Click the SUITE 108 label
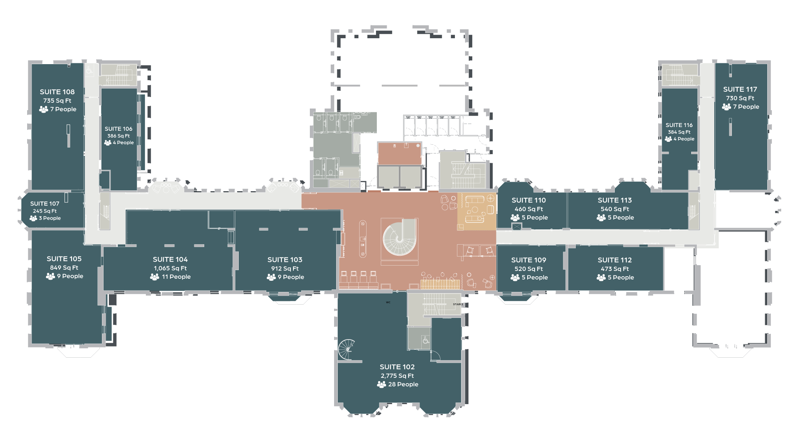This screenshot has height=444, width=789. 57,92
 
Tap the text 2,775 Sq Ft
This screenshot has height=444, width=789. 397,376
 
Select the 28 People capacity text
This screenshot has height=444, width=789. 403,384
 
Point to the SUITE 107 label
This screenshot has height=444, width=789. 45,204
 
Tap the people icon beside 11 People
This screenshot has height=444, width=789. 155,277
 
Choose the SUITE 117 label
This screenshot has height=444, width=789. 740,90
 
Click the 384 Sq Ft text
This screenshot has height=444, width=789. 679,132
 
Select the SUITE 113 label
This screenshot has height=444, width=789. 614,201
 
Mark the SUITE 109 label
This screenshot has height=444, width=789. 528,260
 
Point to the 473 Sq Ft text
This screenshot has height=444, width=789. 614,269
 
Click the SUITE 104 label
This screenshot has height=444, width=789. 170,260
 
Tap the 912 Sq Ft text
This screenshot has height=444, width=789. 285,269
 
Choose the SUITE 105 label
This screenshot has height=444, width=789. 64,259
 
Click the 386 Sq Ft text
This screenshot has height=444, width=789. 118,136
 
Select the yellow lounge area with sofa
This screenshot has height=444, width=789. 477,211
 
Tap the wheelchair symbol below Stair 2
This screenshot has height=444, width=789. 426,340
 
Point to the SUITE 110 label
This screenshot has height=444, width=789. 528,201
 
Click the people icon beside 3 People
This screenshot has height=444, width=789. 33,218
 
